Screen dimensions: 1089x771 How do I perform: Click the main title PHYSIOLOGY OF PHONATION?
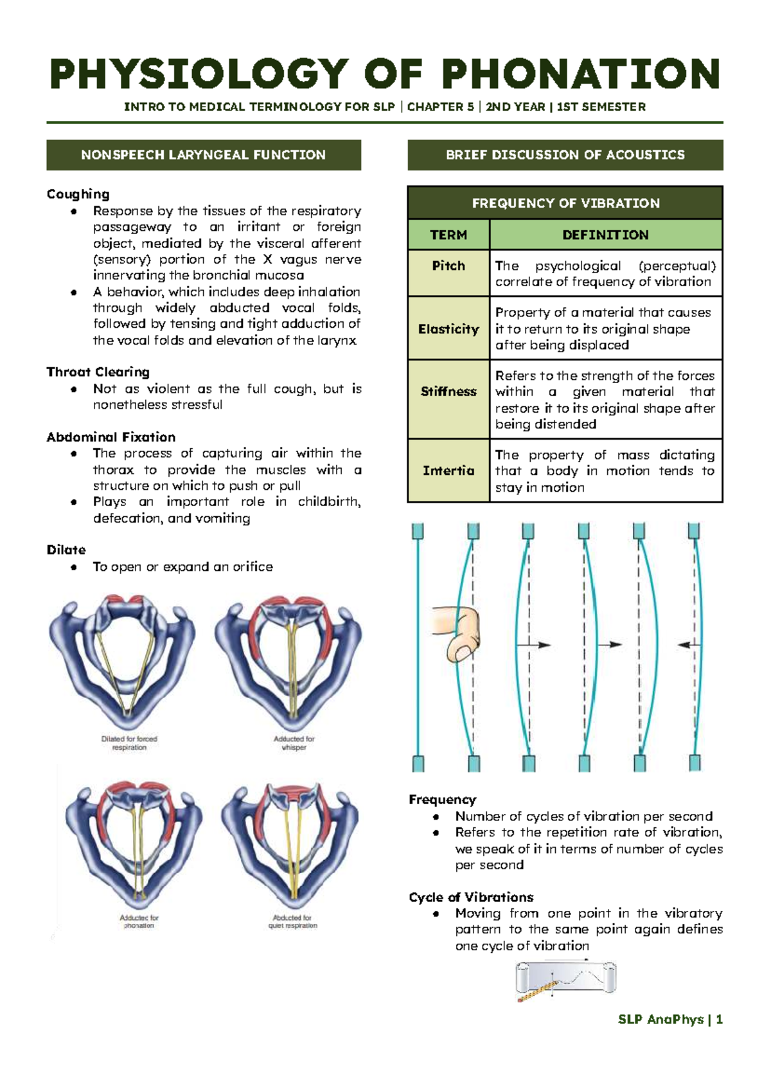tap(384, 74)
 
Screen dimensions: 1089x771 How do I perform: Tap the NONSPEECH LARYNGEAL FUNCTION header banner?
tap(203, 155)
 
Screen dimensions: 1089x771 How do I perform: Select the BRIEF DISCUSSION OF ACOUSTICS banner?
tap(565, 155)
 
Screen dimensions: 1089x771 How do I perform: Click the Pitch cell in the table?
tap(448, 266)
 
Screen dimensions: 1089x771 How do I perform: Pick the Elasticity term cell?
tap(448, 329)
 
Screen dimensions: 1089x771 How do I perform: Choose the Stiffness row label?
tap(448, 392)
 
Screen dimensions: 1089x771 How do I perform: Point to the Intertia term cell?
tap(448, 471)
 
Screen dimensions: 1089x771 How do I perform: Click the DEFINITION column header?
tap(605, 235)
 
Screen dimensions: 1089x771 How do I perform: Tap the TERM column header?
tap(448, 235)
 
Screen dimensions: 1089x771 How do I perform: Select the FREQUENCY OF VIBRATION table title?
tap(565, 203)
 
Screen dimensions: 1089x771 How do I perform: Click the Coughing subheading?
tap(78, 194)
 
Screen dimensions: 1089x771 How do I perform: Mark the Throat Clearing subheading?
tap(98, 372)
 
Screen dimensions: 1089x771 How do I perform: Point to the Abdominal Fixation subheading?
tap(111, 437)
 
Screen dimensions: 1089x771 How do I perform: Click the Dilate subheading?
tap(66, 550)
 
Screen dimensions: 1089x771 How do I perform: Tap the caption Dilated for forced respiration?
tap(129, 743)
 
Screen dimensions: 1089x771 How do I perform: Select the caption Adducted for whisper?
tap(294, 743)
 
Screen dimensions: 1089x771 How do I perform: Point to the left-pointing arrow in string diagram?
tap(688, 644)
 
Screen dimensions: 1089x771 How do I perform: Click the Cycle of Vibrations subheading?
tap(471, 897)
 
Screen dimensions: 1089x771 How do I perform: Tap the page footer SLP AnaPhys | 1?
tap(670, 1020)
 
